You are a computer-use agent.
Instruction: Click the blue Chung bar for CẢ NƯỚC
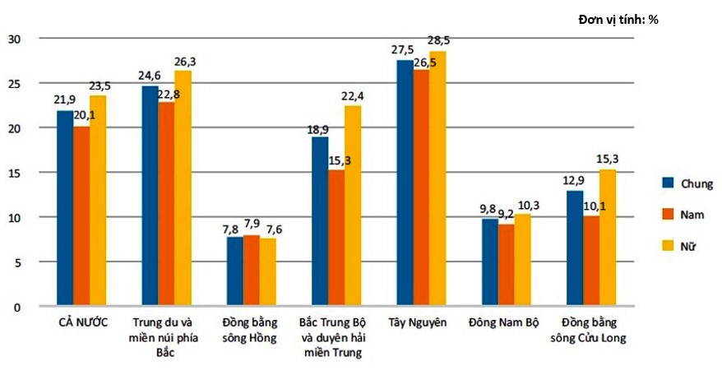pos(65,209)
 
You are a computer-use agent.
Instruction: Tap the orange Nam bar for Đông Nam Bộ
pos(506,266)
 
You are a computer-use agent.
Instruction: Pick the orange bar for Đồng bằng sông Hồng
pos(251,271)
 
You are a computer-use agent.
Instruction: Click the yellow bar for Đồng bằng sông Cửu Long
pos(607,238)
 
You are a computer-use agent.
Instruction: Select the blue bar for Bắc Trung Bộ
pos(319,222)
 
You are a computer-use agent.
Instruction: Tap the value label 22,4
pos(353,96)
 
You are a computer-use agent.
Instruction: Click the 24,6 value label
pos(148,76)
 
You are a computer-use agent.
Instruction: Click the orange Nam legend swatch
pos(668,215)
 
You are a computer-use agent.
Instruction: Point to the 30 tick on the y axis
pos(14,39)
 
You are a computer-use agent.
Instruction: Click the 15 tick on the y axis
pos(14,173)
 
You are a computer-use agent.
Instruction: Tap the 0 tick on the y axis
pos(17,307)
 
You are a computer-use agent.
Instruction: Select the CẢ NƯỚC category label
pos(82,322)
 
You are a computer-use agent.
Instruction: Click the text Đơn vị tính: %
pos(618,19)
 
